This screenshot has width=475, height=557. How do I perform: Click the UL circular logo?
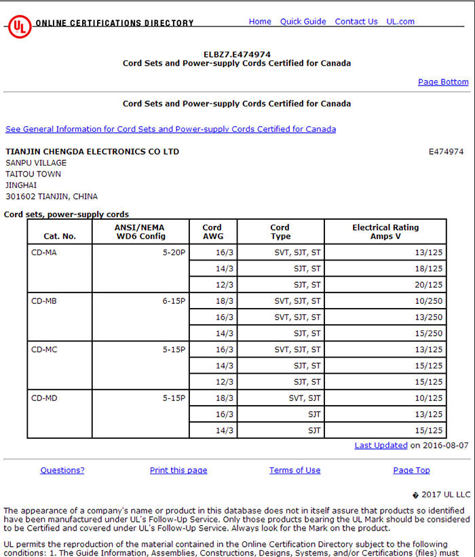(x=19, y=26)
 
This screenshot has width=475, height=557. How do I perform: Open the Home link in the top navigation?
(x=260, y=22)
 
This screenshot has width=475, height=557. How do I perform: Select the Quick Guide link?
(x=303, y=22)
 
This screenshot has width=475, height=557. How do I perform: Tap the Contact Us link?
(x=356, y=22)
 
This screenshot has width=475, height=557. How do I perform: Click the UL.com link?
(x=400, y=22)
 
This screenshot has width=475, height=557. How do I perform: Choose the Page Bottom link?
(x=443, y=82)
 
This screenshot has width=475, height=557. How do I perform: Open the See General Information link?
(x=170, y=129)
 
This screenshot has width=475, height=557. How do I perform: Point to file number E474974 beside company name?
(x=446, y=152)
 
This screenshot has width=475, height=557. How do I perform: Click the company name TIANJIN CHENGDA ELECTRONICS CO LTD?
(x=92, y=152)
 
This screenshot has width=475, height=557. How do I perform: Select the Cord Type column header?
(x=280, y=232)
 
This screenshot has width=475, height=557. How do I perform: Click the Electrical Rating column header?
(x=385, y=232)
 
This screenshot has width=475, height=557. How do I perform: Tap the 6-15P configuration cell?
(x=174, y=301)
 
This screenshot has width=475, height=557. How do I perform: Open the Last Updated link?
(x=381, y=446)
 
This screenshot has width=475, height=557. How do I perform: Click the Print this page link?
(x=178, y=470)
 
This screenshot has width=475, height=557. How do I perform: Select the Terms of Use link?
(x=294, y=470)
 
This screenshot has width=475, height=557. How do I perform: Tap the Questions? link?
(x=62, y=470)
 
